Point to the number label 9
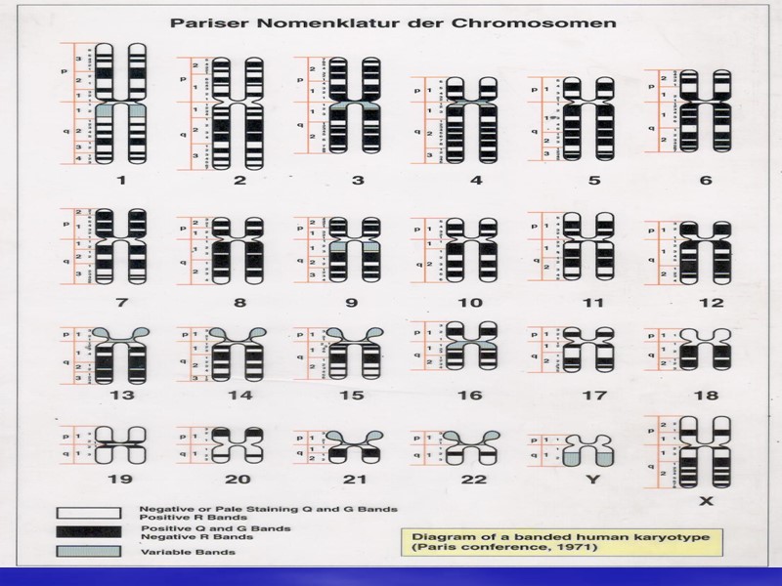353,304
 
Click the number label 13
120,396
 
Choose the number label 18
706,396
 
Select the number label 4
474,181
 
